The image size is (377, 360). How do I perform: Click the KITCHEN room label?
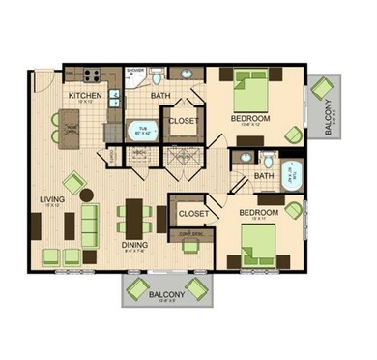(x=86, y=95)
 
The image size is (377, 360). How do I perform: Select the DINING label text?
(x=133, y=245)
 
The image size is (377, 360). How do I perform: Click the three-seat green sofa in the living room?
(x=89, y=223)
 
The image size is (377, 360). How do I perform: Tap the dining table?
(x=135, y=218)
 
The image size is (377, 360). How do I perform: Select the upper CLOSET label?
(x=184, y=121)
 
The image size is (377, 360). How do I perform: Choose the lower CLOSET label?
(x=193, y=212)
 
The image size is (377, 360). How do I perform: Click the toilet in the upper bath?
(x=184, y=75)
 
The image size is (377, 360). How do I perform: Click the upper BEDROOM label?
(x=249, y=117)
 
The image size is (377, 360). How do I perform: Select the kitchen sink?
(x=114, y=97)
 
